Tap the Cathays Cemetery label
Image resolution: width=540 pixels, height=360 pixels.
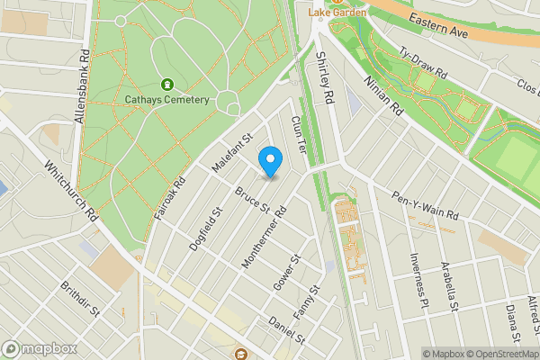167,100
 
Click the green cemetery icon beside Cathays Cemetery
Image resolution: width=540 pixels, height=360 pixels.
166,84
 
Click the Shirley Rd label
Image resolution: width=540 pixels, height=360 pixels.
326,77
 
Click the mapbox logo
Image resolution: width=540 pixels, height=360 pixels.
40,348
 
